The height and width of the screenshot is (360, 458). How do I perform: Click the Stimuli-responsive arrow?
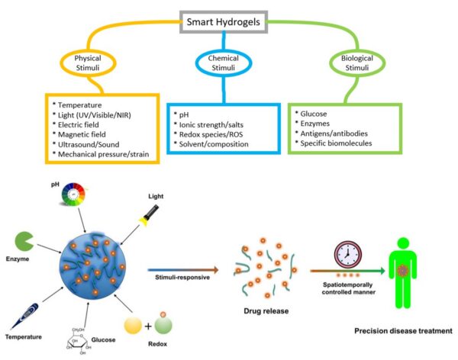coord(186,269)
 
